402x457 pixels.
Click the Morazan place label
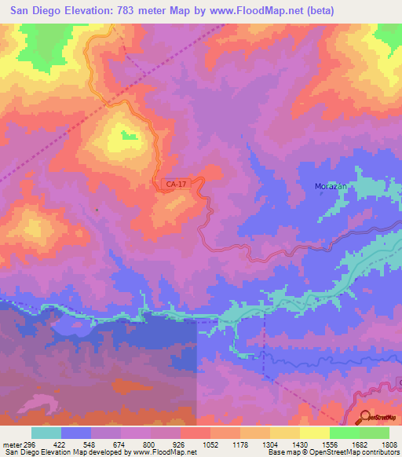321,187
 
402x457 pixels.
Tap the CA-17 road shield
175,184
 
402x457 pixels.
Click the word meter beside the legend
9,444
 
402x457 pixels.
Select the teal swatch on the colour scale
46,433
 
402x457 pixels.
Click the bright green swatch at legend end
374,433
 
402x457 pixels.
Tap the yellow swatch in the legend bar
314,433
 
